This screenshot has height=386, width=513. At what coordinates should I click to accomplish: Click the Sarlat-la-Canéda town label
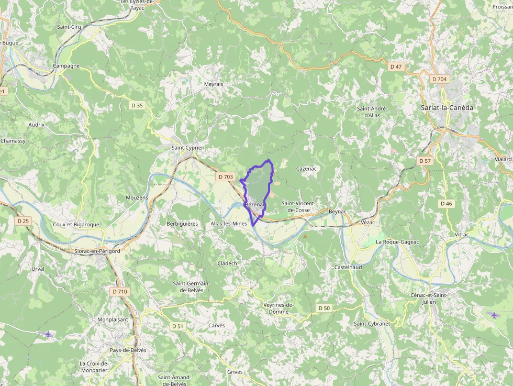[447, 108]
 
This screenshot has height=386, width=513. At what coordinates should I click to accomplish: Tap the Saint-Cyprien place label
[188, 148]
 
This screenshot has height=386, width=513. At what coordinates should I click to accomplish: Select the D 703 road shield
[225, 177]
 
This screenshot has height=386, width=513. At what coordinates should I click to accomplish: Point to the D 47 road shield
[396, 67]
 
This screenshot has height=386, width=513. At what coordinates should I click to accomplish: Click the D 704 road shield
[440, 79]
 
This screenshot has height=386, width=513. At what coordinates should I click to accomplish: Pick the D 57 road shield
[425, 161]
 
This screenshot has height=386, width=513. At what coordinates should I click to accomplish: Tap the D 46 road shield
[446, 203]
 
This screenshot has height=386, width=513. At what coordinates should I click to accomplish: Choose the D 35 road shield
[137, 105]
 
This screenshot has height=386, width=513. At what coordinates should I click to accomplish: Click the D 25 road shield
[23, 221]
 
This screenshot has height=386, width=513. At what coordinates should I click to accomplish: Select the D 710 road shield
[119, 291]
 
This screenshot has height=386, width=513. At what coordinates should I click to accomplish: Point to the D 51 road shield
[177, 326]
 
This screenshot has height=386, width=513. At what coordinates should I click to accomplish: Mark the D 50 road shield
[324, 308]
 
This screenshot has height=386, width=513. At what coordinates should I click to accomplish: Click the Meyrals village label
[214, 84]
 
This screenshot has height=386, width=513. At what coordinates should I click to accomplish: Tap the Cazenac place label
[307, 169]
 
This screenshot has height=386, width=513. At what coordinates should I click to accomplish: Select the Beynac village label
[338, 211]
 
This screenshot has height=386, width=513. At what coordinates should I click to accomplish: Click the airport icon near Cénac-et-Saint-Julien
[495, 315]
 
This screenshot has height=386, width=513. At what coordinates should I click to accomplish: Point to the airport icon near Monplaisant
[49, 334]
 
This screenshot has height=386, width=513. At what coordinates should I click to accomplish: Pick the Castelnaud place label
[348, 267]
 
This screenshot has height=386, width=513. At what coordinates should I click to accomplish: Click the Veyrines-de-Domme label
[278, 308]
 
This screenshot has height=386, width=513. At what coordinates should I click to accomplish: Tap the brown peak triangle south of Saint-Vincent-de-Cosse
[305, 236]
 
